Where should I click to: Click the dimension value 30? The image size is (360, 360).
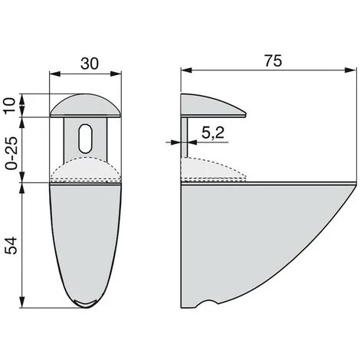click(x=90, y=64)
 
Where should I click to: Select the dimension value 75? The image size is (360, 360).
click(x=273, y=61)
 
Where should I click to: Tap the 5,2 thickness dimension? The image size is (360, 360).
click(x=213, y=133)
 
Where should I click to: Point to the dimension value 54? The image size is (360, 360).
click(x=11, y=245)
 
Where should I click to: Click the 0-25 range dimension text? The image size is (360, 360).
click(x=11, y=153)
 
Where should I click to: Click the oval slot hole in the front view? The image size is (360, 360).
click(x=86, y=138)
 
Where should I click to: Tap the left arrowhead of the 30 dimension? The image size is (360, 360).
click(x=54, y=74)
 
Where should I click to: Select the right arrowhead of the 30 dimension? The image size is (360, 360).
click(x=116, y=74)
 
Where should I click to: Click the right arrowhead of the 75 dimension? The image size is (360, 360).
click(x=350, y=70)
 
